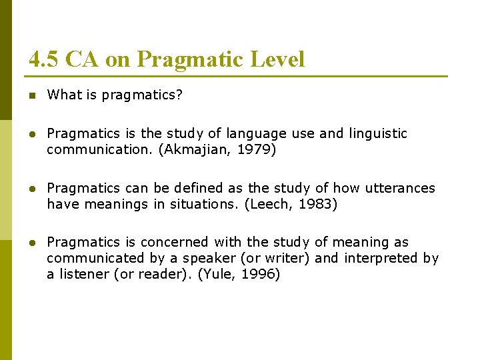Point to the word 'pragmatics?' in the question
[145, 95]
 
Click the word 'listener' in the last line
[81, 274]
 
